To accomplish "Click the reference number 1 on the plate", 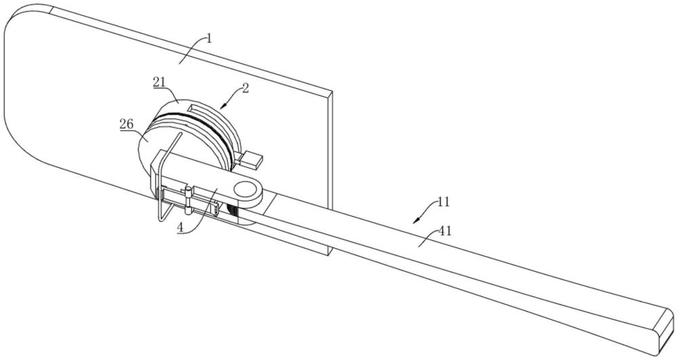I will pos(210,39).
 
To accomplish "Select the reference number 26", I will pos(127,125).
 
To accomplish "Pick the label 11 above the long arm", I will pos(443,202).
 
